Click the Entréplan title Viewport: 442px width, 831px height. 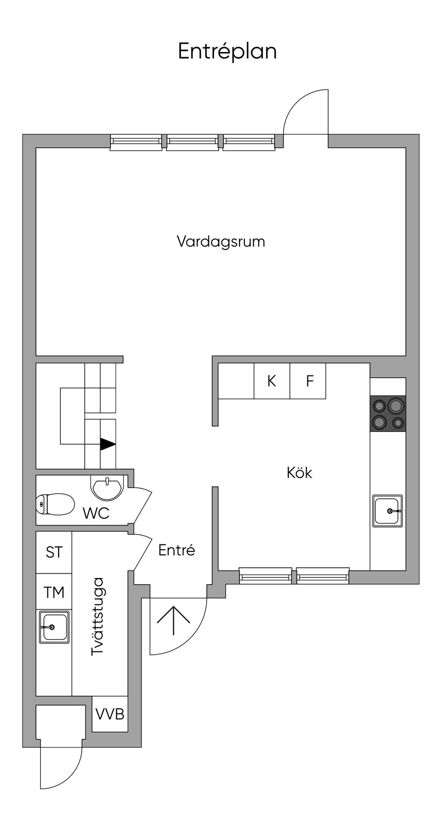tap(227, 52)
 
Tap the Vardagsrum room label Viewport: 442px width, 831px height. tap(221, 241)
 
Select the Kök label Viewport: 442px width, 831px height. tap(299, 473)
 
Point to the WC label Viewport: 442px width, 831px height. tap(96, 513)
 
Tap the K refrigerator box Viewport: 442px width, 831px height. tap(272, 381)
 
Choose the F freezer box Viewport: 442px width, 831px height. tap(307, 381)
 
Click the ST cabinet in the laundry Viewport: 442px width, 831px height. tap(54, 553)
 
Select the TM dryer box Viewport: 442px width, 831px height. tap(54, 592)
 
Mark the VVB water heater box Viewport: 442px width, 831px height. tap(110, 714)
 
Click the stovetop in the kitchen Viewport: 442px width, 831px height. tap(388, 414)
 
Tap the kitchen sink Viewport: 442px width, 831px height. tap(388, 511)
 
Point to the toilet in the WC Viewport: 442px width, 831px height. tap(56, 504)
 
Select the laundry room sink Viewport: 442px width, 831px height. tap(54, 627)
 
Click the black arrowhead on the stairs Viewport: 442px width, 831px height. tap(108, 444)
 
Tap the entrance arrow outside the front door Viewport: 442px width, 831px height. tap(174, 621)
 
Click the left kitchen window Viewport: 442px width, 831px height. tap(265, 576)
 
